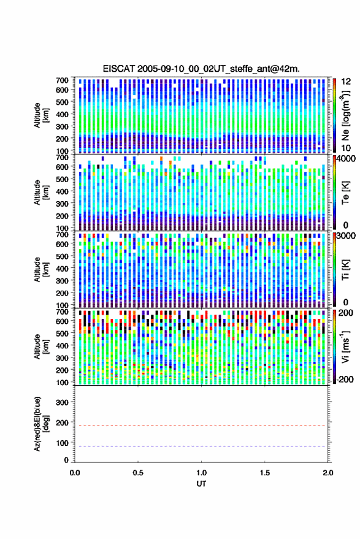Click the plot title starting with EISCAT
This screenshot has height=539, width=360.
201,69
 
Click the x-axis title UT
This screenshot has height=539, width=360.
201,484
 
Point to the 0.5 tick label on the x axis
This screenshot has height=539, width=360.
138,473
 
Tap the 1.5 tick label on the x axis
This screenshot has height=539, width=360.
265,473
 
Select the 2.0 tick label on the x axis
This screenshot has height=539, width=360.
328,473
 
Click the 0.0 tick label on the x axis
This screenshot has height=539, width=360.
75,473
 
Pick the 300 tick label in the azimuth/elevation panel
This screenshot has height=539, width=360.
63,402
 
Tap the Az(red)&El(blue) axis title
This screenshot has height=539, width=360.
41,424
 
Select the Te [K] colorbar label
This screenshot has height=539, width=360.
346,193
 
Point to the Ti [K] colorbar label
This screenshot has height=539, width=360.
346,270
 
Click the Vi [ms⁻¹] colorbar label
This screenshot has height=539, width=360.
346,346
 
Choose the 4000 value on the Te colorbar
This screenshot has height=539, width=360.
346,158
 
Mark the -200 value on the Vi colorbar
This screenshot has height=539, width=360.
344,379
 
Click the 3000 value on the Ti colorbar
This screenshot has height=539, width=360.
346,235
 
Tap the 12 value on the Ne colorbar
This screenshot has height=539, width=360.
346,81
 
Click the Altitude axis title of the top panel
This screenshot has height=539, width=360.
41,115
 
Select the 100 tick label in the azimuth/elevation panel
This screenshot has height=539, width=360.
63,443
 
